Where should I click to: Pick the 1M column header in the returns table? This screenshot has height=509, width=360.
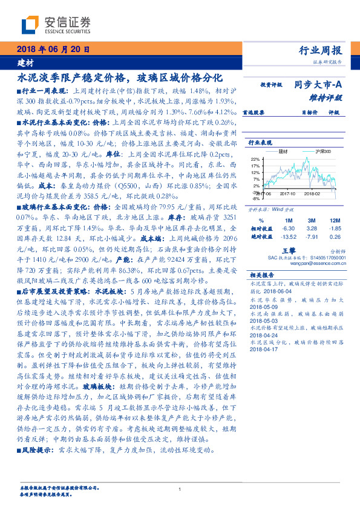(288, 220)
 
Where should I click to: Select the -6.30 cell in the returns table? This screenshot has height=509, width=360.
(288, 229)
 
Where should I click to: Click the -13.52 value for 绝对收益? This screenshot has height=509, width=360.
(288, 237)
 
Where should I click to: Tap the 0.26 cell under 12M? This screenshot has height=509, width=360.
(335, 237)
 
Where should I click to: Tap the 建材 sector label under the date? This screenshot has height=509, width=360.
(25, 62)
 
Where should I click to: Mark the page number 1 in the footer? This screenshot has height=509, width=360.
(180, 489)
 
